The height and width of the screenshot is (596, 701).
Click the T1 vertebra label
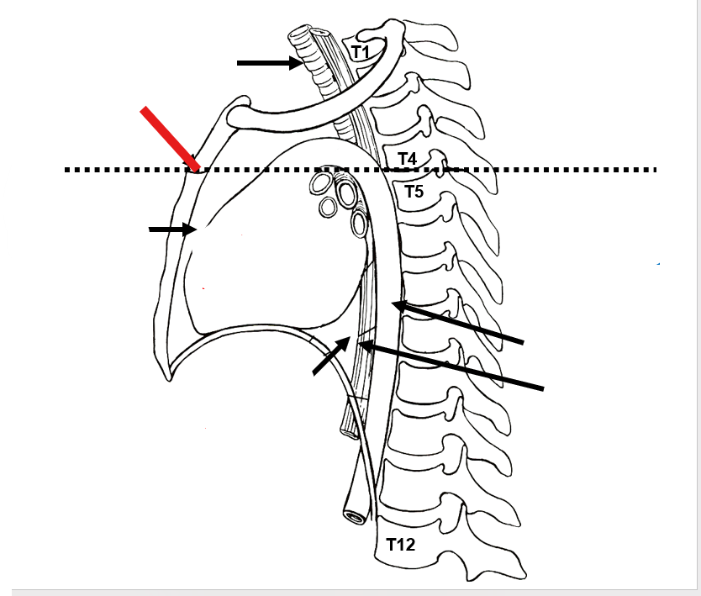coord(361,52)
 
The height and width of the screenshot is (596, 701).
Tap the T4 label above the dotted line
coord(407,158)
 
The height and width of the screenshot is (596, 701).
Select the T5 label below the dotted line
coord(414,192)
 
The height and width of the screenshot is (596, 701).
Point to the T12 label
coord(401,545)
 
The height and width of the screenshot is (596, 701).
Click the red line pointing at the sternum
coord(169,138)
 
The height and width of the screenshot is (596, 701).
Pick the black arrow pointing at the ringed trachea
coord(269,61)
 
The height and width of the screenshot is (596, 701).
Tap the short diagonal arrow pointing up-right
coord(331,356)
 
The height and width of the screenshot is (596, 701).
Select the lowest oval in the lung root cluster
coord(359,224)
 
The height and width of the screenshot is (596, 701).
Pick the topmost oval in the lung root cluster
coord(320,182)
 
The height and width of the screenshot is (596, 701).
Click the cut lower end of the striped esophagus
coord(348,430)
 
